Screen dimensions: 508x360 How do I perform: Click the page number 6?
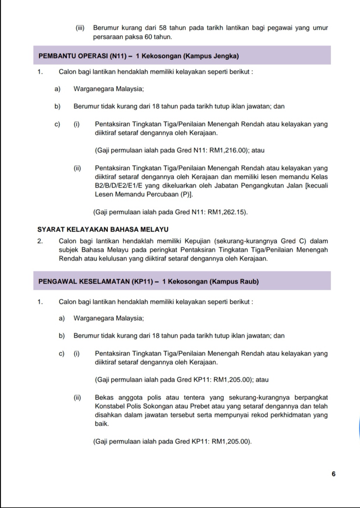click(x=333, y=474)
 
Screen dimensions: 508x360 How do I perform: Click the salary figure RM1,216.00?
click(x=228, y=150)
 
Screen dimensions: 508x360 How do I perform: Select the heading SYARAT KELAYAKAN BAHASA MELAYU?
click(x=103, y=229)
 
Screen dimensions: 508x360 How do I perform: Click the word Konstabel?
click(x=109, y=406)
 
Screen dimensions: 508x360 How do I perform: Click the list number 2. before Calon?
click(x=40, y=241)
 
